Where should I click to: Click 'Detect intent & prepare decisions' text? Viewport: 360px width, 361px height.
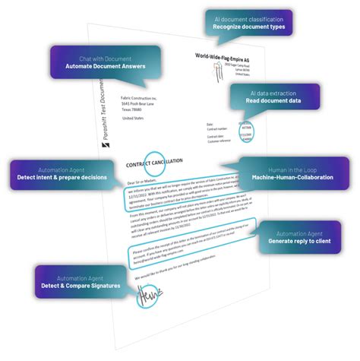(x=62, y=177)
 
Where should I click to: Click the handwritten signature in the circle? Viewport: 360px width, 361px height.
(x=145, y=297)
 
